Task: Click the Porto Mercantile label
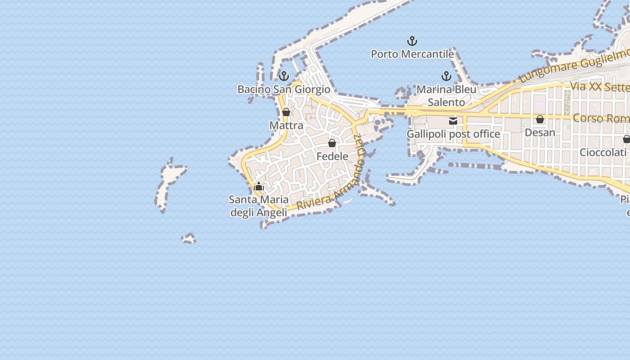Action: tap(412, 54)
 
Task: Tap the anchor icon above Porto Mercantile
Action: tap(412, 41)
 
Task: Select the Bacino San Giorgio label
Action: tap(284, 89)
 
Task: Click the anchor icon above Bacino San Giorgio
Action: tap(284, 76)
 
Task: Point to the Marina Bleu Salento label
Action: tap(446, 96)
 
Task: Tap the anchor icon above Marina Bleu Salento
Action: tap(446, 76)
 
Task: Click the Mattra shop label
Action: tap(286, 125)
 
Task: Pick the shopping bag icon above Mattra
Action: tap(286, 112)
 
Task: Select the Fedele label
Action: tap(333, 156)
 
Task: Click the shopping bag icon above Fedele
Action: tap(332, 143)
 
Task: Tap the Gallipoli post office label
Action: tap(453, 134)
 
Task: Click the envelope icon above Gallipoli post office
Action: tap(453, 121)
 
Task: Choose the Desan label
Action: tap(540, 132)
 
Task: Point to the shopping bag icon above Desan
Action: tap(540, 119)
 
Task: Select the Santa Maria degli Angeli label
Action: tap(259, 206)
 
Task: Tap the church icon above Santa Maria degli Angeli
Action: tap(259, 186)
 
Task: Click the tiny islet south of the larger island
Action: tap(189, 238)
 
